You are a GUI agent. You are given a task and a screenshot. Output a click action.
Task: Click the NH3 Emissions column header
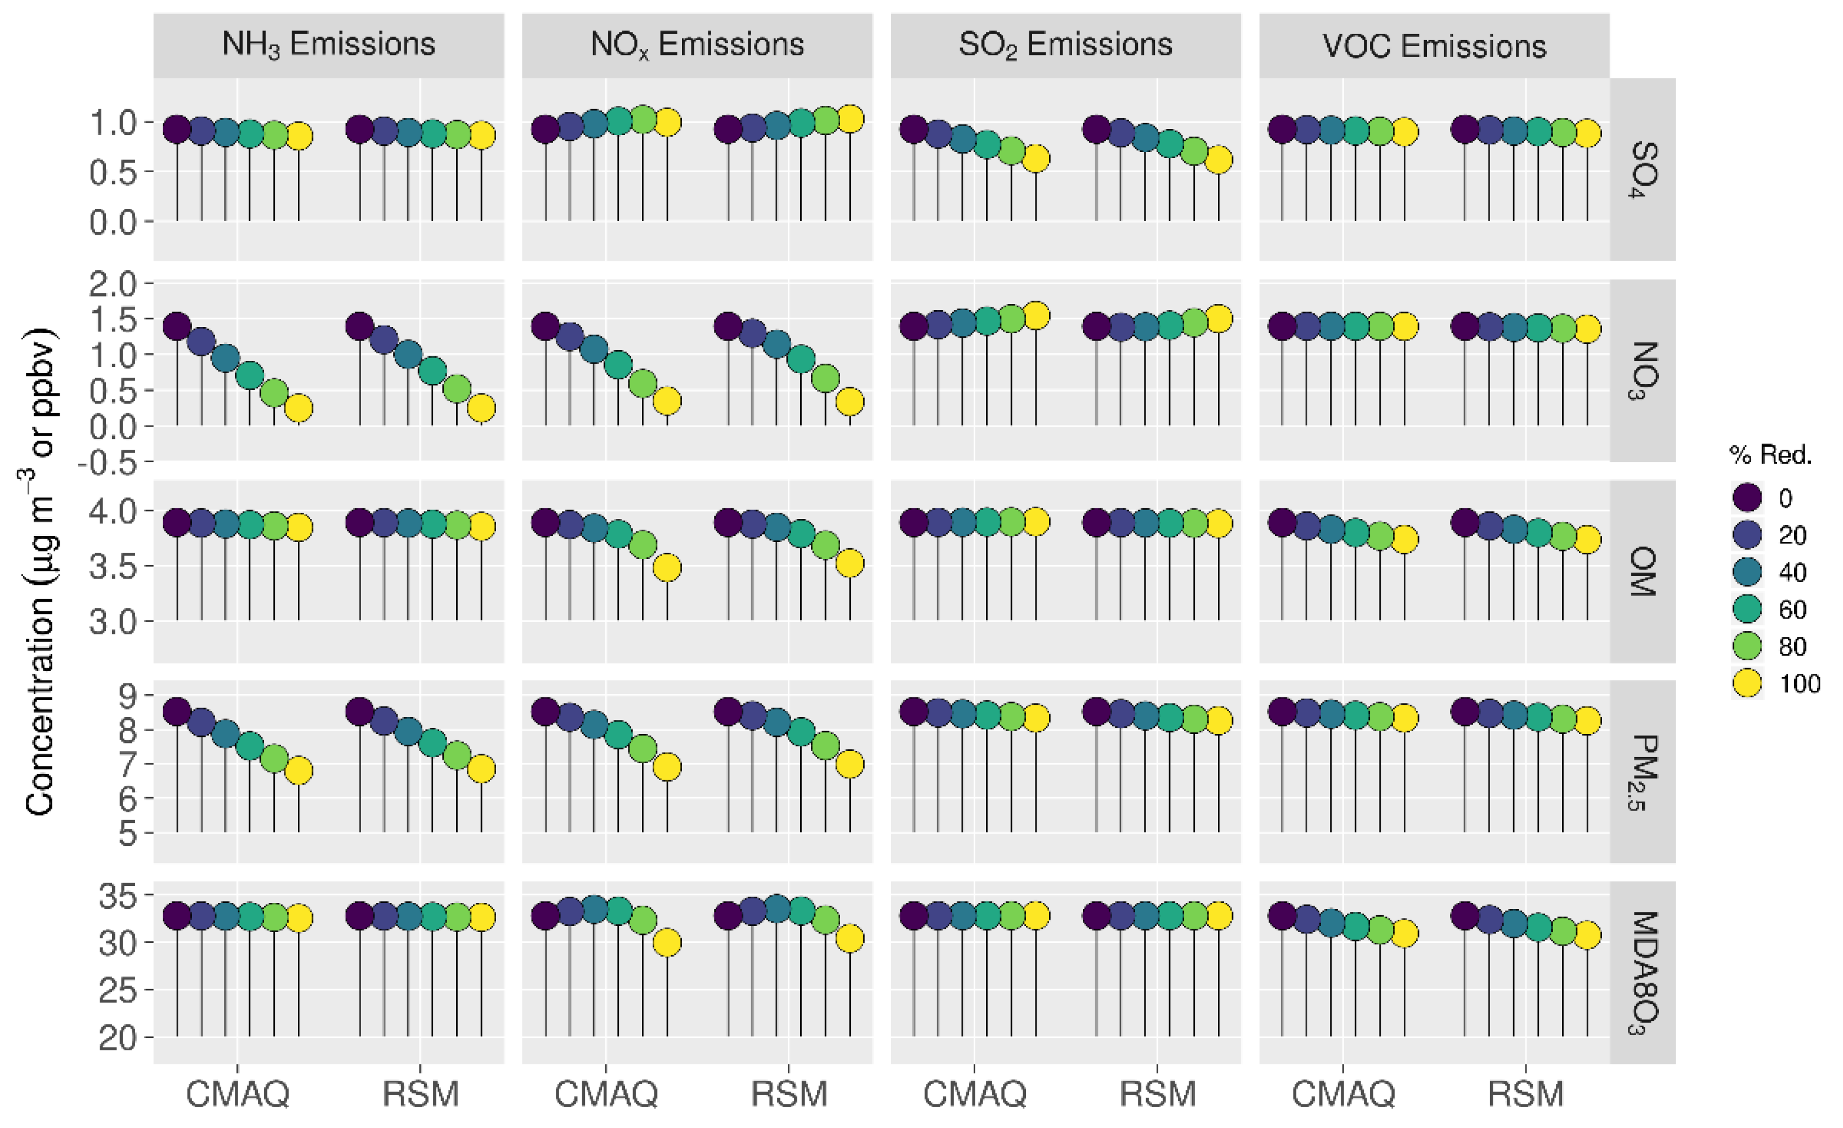click(x=328, y=45)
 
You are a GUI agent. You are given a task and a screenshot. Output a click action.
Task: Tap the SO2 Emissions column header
click(x=1065, y=45)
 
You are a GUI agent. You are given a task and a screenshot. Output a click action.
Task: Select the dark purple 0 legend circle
click(x=1747, y=497)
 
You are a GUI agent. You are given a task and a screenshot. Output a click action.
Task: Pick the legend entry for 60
click(x=1747, y=609)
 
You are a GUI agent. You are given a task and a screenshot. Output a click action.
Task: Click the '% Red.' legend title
click(x=1770, y=454)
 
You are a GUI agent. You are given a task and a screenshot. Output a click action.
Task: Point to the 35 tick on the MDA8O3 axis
click(x=118, y=896)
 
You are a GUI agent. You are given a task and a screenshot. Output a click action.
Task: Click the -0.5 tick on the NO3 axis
click(x=109, y=463)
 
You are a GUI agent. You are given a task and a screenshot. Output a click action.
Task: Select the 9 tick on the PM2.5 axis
click(x=128, y=696)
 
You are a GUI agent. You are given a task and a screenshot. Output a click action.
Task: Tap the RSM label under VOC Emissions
click(x=1526, y=1094)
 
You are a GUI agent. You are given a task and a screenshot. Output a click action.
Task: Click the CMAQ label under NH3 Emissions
click(x=237, y=1094)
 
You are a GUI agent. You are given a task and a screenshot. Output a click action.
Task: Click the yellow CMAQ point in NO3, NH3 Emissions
click(x=298, y=408)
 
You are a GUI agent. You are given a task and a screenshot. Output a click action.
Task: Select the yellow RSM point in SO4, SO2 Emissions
click(x=1219, y=160)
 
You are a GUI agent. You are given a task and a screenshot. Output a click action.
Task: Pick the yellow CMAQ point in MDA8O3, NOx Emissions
click(x=667, y=943)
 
